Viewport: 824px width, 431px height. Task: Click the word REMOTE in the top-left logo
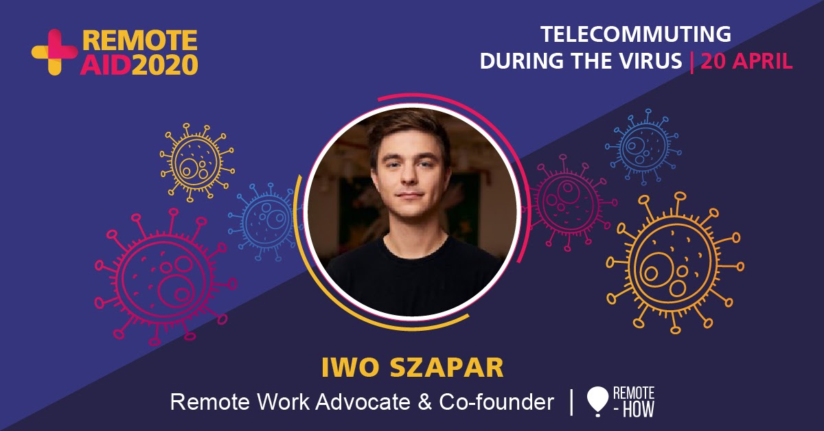click(x=140, y=40)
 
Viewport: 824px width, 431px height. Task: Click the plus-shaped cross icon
click(x=54, y=52)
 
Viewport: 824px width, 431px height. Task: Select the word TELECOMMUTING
click(x=636, y=34)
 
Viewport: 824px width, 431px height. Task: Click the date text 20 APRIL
click(x=746, y=61)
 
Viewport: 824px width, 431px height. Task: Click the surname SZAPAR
click(x=446, y=367)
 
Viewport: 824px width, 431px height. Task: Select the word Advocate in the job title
click(x=363, y=402)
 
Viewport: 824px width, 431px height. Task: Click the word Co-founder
click(x=496, y=402)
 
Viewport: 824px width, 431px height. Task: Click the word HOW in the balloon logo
click(x=638, y=409)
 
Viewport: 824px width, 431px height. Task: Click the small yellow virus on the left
click(x=197, y=162)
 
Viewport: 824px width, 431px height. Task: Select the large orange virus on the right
click(x=675, y=263)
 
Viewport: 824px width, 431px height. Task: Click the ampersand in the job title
click(x=425, y=402)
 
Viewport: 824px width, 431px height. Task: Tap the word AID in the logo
click(x=106, y=65)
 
